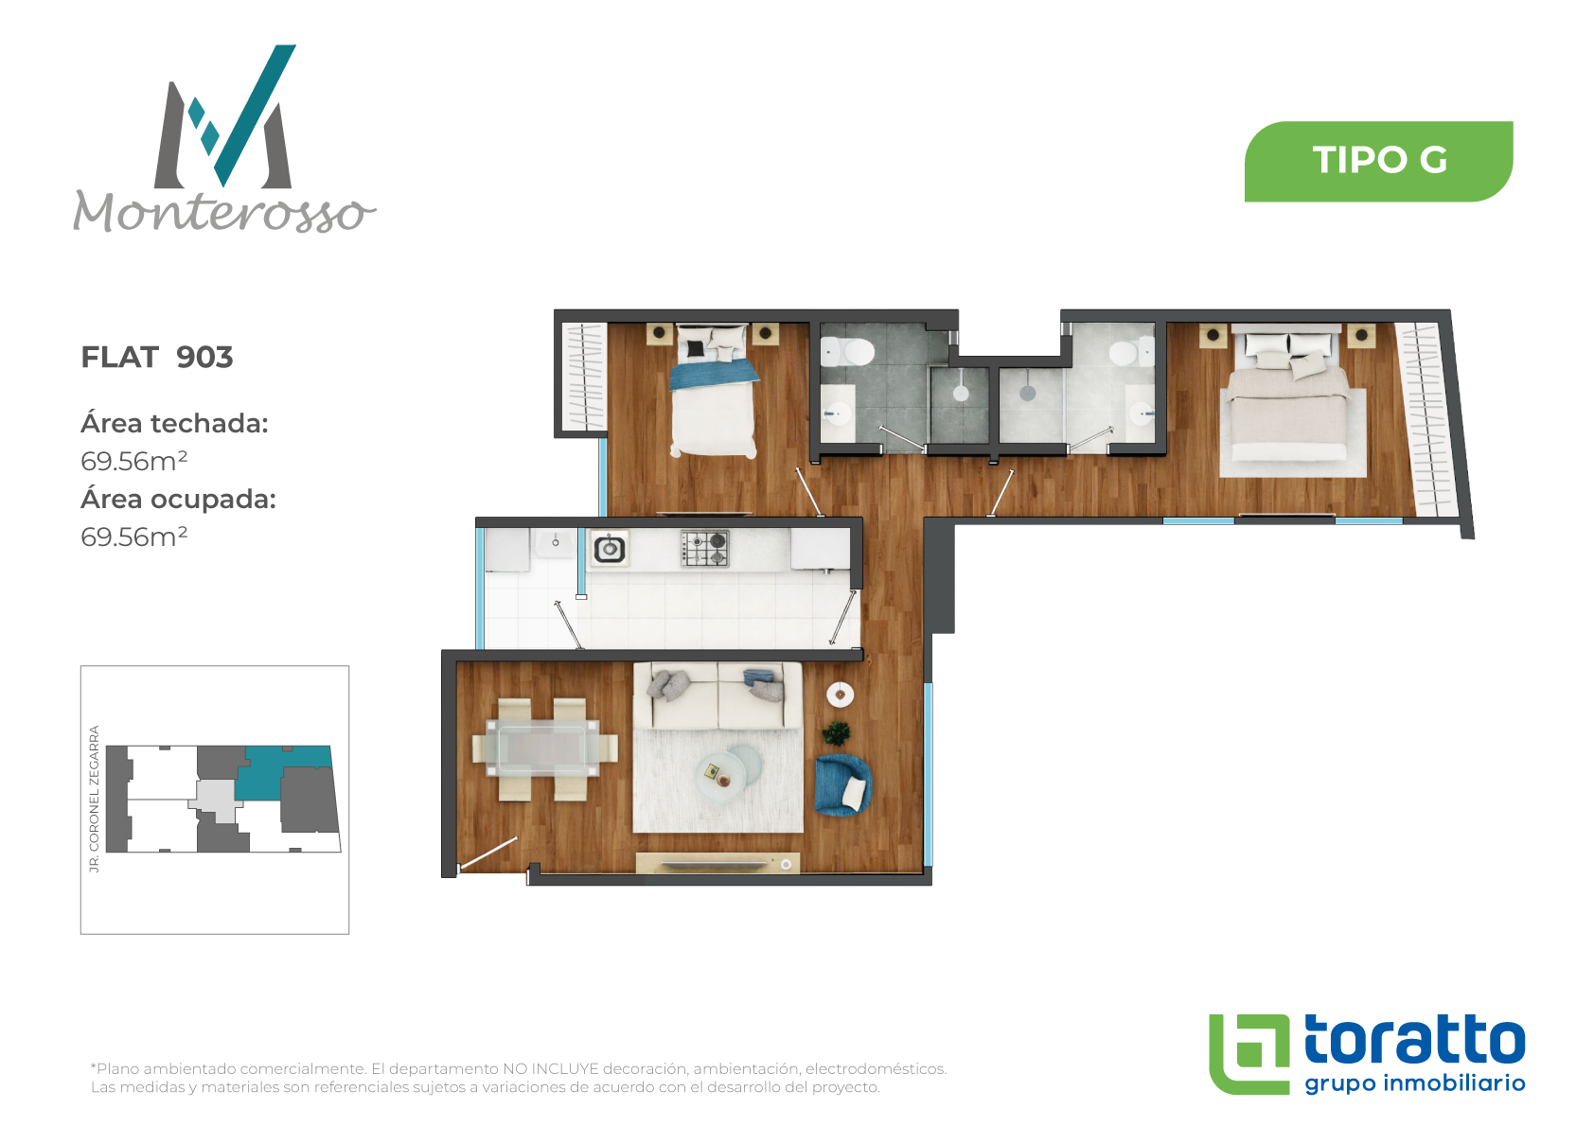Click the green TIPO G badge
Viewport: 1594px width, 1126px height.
[1378, 161]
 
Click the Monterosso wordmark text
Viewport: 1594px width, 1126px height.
[224, 211]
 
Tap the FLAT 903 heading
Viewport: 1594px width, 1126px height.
[156, 357]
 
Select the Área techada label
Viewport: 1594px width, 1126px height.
[174, 423]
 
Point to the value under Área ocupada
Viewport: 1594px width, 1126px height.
[133, 537]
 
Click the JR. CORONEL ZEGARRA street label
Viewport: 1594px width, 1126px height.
[94, 798]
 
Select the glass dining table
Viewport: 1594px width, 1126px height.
[544, 748]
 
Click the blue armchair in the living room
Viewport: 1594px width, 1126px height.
[843, 784]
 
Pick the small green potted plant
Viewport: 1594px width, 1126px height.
[836, 732]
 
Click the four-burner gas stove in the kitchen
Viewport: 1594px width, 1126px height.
[704, 549]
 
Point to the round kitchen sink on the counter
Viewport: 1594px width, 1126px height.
[610, 549]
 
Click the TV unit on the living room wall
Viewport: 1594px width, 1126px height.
[717, 863]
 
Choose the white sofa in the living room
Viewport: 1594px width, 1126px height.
[718, 696]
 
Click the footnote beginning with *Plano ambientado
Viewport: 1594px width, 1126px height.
[519, 1078]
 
